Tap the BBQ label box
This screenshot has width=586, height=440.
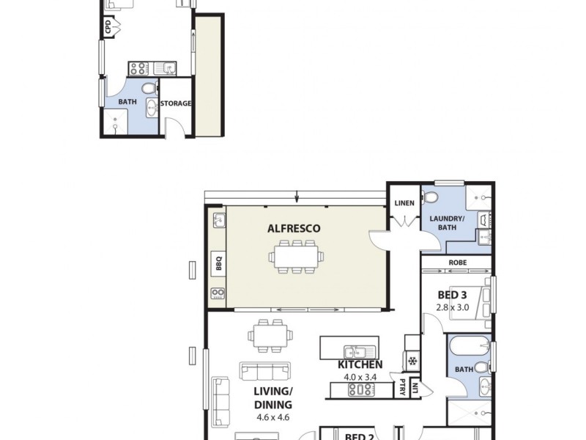click(218, 263)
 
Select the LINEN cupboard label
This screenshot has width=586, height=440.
click(404, 203)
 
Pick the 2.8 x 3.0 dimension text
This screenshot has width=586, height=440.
click(452, 307)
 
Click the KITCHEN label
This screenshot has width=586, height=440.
click(360, 364)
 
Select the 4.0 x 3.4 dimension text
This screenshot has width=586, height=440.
click(360, 377)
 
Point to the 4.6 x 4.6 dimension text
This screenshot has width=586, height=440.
click(273, 417)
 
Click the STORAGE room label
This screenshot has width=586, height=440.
click(176, 103)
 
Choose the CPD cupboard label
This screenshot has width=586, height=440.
click(108, 27)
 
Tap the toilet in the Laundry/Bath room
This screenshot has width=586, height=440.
click(431, 197)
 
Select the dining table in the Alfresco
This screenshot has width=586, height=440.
click(297, 257)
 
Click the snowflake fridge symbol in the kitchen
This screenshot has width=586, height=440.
click(412, 361)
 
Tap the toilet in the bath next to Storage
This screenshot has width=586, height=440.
click(149, 89)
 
